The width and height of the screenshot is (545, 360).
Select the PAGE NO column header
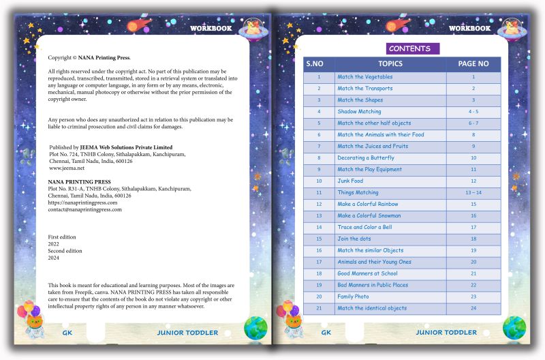pos(473,64)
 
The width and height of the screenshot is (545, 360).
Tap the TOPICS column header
pos(390,64)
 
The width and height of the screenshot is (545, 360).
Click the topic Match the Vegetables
pos(364,77)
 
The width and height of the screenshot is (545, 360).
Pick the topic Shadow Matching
pos(359,112)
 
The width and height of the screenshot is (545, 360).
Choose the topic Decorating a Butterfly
pos(365,158)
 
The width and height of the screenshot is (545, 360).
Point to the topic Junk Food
pos(350,181)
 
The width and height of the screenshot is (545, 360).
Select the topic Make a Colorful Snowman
pos(369,216)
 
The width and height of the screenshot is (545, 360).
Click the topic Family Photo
pos(353,297)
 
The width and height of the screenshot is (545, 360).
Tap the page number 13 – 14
pos(473,193)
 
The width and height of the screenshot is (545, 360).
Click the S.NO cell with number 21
pos(318,308)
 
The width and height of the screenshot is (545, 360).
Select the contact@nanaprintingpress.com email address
pos(84,209)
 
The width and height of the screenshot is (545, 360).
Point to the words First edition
pos(62,237)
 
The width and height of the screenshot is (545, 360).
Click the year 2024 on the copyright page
pos(54,257)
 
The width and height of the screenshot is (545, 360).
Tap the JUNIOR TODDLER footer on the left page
pos(187,333)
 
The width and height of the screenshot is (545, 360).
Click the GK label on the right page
pos(326,333)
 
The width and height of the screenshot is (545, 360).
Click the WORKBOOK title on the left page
pos(211,29)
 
